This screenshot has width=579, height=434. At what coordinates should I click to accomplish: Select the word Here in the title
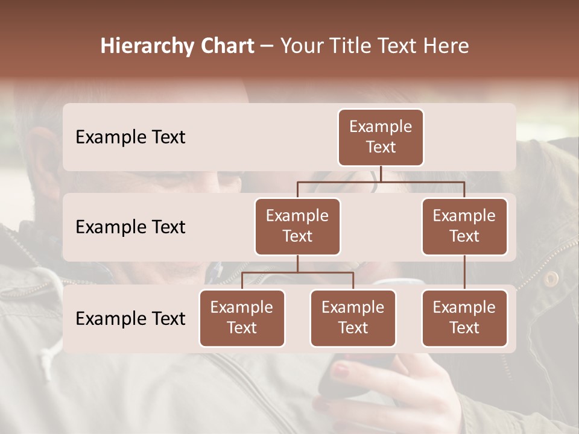pyautogui.click(x=447, y=46)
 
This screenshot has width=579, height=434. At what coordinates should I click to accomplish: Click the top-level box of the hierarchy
pyautogui.click(x=381, y=137)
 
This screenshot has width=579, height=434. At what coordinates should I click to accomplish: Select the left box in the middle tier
pyautogui.click(x=297, y=226)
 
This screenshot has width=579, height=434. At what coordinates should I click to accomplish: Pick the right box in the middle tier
pyautogui.click(x=464, y=226)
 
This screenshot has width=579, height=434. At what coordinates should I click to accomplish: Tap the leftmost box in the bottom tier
pyautogui.click(x=242, y=318)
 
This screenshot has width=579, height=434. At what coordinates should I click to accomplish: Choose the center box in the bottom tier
pyautogui.click(x=353, y=318)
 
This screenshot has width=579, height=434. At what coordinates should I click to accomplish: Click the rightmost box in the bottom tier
pyautogui.click(x=464, y=318)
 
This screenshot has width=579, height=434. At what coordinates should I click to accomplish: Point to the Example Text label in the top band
pyautogui.click(x=130, y=137)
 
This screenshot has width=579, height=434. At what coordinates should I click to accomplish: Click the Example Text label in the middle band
pyautogui.click(x=130, y=227)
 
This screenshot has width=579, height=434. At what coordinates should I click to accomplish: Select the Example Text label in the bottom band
pyautogui.click(x=130, y=318)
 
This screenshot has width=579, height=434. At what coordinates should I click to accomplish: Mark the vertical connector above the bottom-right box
pyautogui.click(x=464, y=272)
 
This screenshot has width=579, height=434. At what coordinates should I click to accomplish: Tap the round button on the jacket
pyautogui.click(x=551, y=278)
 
